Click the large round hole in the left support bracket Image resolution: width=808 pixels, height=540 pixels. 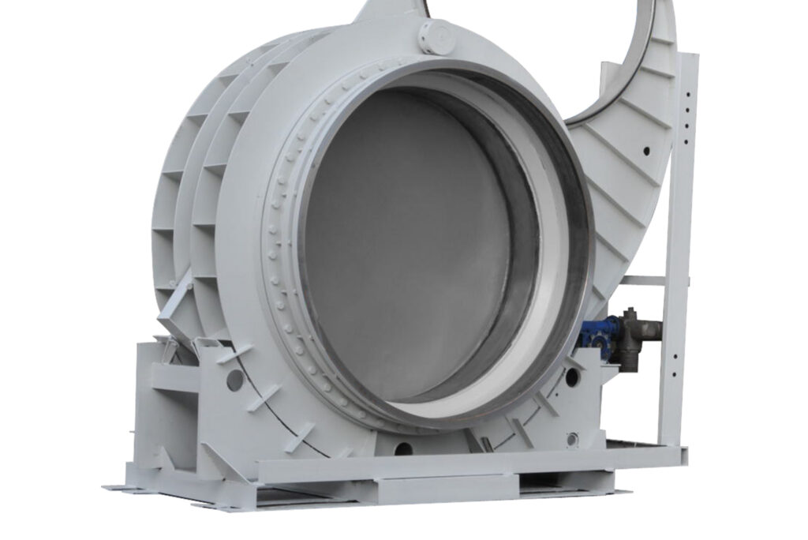234,380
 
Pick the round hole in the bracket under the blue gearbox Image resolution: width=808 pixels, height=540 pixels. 572,377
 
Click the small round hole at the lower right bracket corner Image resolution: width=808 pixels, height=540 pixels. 572,439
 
